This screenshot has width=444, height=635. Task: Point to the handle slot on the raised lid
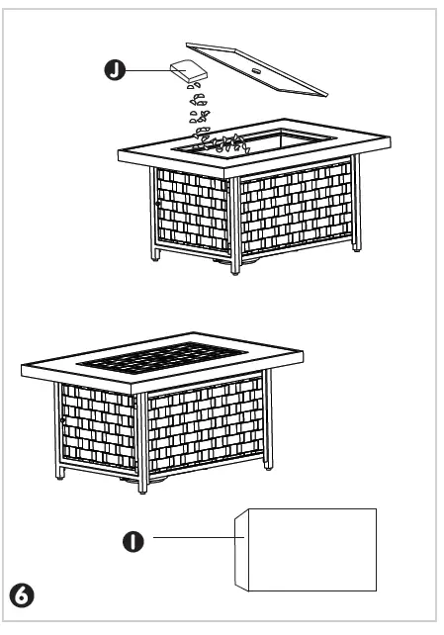[258, 71]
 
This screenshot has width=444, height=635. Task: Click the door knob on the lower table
[61, 421]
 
